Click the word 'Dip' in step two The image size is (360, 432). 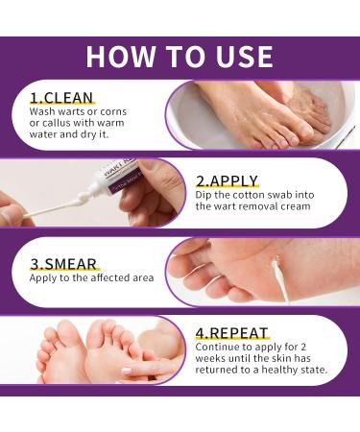[x=204, y=196]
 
